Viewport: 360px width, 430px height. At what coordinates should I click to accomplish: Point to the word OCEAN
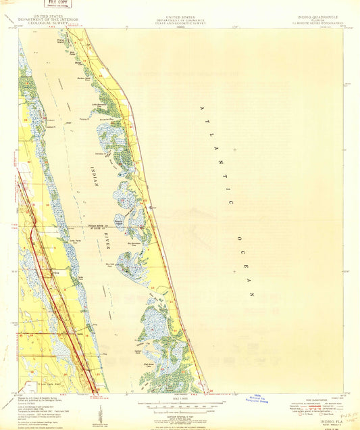tap(247, 274)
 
